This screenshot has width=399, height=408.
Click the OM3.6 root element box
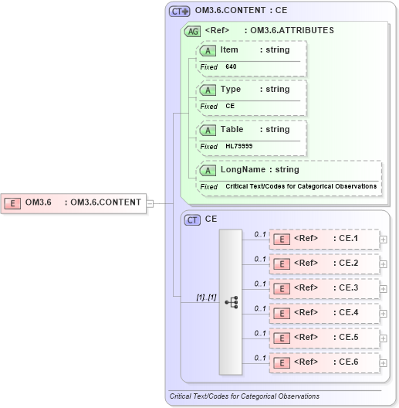tap(74, 203)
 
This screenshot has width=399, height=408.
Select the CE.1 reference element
tap(324, 238)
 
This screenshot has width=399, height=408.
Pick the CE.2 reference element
tap(324, 263)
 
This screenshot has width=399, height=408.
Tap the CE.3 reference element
tap(324, 287)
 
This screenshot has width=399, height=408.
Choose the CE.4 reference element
tap(324, 312)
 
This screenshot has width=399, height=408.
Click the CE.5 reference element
tap(324, 337)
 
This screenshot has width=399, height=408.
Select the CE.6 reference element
tap(324, 362)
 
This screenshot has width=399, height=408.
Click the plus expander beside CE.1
tap(384, 239)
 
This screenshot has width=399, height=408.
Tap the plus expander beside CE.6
tap(384, 362)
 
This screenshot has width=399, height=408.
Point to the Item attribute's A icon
tap(208, 50)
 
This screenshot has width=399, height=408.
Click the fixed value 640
tap(231, 67)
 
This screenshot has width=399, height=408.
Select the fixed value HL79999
tap(238, 146)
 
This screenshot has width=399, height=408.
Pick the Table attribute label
tap(232, 129)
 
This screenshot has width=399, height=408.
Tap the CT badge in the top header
tap(179, 12)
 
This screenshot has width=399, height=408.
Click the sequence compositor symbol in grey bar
tap(231, 301)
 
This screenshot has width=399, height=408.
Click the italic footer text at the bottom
tap(244, 396)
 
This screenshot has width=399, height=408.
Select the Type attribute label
tap(231, 89)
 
